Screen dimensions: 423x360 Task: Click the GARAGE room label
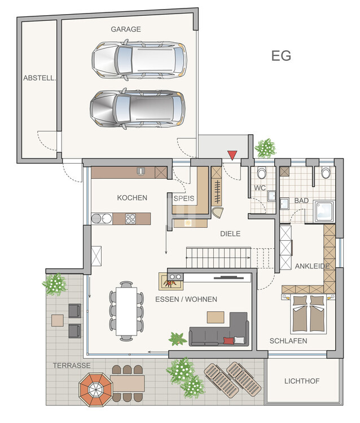[x=125, y=29]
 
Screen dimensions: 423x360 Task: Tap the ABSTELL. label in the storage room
[x=39, y=79]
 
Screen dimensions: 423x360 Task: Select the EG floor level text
[x=281, y=56]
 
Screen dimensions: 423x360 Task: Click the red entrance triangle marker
[x=232, y=155]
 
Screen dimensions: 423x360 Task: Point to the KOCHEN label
[x=132, y=197]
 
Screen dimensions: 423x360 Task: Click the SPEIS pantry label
[x=183, y=199]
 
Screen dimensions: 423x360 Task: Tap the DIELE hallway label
[x=230, y=233]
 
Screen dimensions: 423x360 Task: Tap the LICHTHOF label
[x=302, y=381]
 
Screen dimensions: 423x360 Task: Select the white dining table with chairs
[x=126, y=310]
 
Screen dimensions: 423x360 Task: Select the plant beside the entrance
[x=265, y=148]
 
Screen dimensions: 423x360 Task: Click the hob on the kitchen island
[x=131, y=219]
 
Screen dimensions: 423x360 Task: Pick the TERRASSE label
[x=72, y=365]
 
